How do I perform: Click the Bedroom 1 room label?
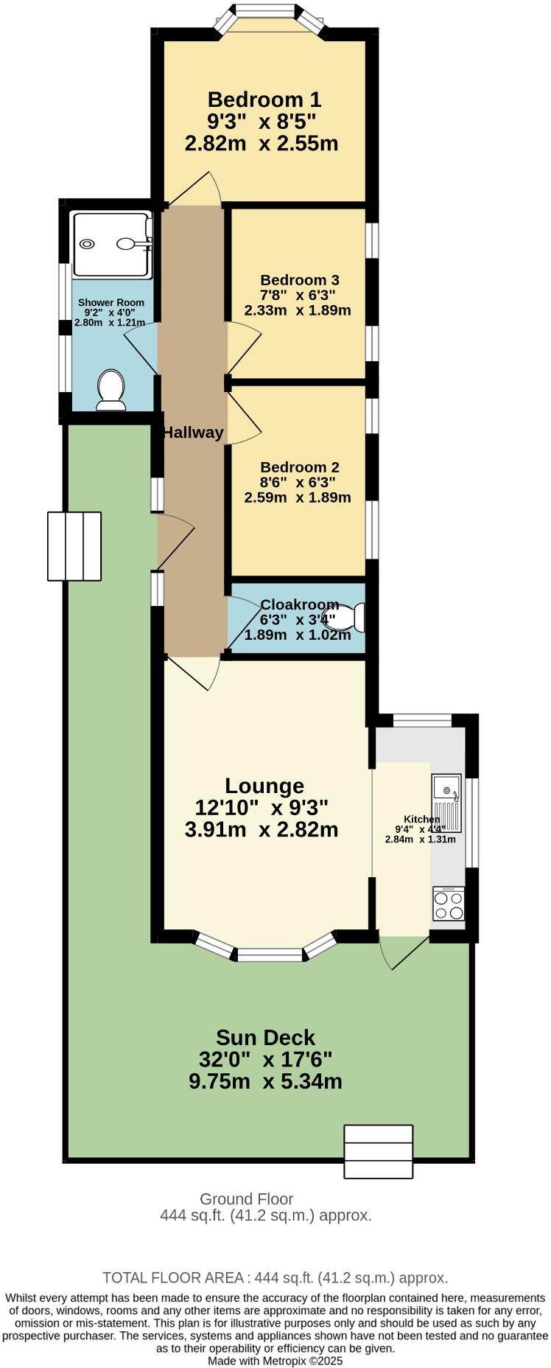click(x=264, y=100)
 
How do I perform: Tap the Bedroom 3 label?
click(x=299, y=280)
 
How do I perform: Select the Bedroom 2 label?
click(x=299, y=467)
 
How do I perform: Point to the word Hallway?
click(x=193, y=433)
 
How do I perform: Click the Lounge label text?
click(x=264, y=786)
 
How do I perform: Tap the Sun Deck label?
click(x=264, y=1038)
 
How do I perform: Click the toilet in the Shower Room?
click(x=111, y=389)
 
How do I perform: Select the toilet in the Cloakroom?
click(x=351, y=618)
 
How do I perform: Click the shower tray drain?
click(x=88, y=244)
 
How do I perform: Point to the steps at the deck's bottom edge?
click(x=379, y=1152)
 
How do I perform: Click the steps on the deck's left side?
click(x=74, y=545)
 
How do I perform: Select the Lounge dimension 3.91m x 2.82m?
click(x=262, y=830)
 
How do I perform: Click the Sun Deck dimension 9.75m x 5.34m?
click(x=265, y=1081)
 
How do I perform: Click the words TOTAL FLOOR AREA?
click(x=173, y=1278)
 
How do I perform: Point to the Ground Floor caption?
click(x=246, y=1199)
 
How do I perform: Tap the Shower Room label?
click(x=111, y=302)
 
